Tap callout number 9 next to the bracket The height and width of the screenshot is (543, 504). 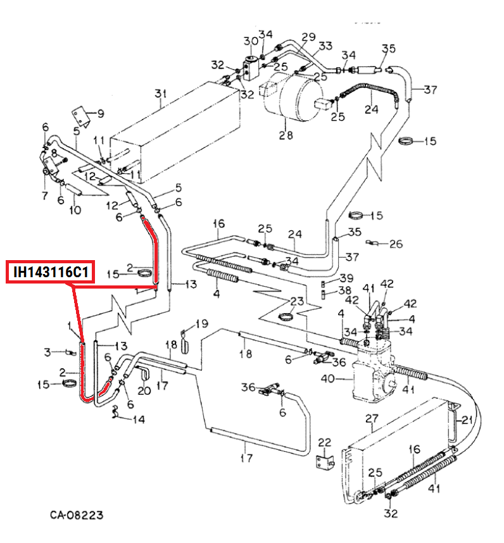coord(99,114)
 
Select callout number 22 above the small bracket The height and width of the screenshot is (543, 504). coord(324,442)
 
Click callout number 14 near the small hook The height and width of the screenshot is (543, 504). coord(138,419)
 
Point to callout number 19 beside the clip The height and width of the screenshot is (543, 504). coord(201,324)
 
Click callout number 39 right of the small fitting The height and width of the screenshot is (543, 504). coord(346,278)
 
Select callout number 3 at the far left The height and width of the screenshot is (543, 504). coord(47,351)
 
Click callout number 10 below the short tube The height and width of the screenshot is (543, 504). coord(75,209)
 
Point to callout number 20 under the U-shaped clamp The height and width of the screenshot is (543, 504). coord(144,390)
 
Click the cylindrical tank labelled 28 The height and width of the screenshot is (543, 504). coord(291,98)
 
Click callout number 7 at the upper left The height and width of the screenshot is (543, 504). coord(45,195)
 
